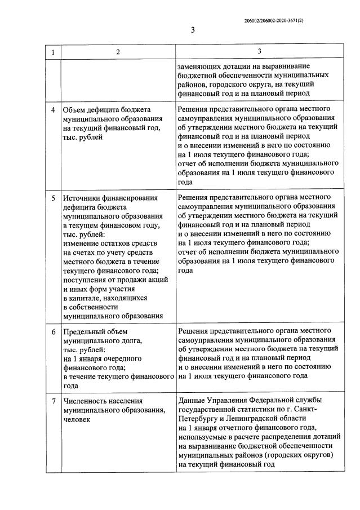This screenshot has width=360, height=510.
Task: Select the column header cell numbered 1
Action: (53, 52)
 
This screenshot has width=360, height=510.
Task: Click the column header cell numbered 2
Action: (118, 52)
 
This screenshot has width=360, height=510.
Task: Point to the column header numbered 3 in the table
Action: (259, 52)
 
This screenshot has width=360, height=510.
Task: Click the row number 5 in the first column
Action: (53, 198)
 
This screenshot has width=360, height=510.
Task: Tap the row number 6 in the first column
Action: (53, 332)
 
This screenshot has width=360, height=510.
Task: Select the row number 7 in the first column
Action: (53, 401)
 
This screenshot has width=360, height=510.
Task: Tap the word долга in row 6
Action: (125, 341)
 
